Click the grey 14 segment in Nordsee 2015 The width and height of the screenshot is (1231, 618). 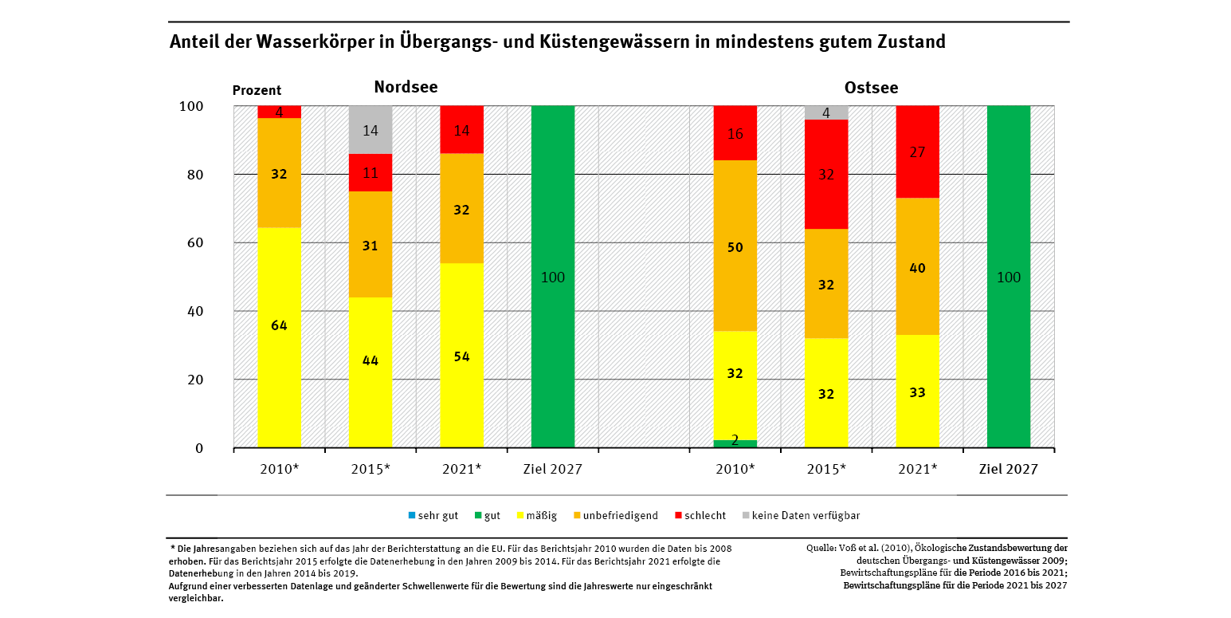click(x=370, y=130)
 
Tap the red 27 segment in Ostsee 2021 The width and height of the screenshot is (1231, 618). click(x=917, y=152)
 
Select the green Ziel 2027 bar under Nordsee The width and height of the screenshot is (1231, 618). click(x=552, y=277)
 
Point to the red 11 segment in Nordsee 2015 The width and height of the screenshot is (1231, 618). click(x=370, y=172)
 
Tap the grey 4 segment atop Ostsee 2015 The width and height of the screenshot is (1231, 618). click(x=826, y=112)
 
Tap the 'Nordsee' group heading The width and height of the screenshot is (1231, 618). click(x=406, y=87)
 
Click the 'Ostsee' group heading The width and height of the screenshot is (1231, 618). click(x=871, y=88)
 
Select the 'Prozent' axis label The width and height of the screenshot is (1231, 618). click(x=257, y=91)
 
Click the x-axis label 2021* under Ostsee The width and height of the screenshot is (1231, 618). click(x=917, y=469)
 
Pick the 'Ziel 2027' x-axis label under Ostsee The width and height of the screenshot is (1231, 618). click(x=1008, y=469)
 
